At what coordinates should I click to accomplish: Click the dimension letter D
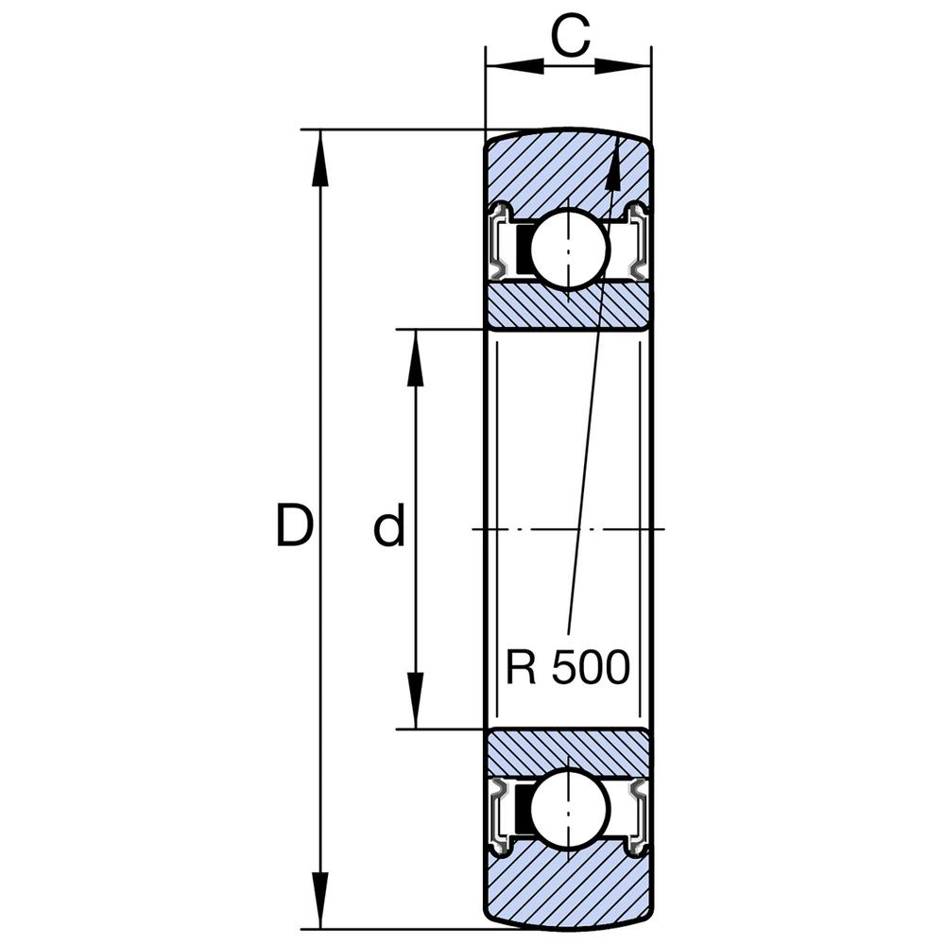click(x=294, y=526)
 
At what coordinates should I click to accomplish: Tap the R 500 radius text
click(x=567, y=668)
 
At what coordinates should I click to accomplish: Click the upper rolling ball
click(x=569, y=248)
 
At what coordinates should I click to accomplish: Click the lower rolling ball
click(x=569, y=809)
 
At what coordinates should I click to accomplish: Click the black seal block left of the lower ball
click(x=521, y=810)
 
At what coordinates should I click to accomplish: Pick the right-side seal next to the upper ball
click(x=636, y=244)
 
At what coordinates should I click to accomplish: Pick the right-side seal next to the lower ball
click(x=636, y=811)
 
